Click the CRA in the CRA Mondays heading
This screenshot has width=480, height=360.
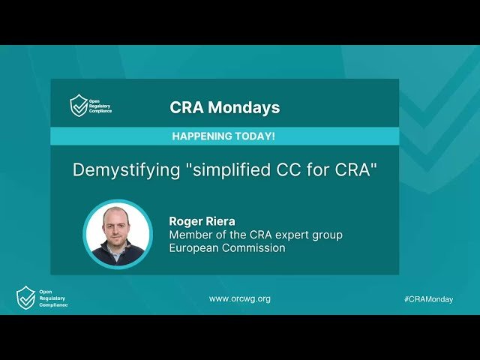[x=186, y=107]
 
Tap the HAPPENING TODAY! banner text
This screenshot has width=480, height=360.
[x=223, y=136]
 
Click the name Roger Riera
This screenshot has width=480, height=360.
[x=202, y=220]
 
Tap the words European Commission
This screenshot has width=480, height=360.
[x=226, y=248]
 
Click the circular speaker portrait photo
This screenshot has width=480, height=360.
[x=118, y=234]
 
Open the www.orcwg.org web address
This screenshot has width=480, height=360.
[x=240, y=298]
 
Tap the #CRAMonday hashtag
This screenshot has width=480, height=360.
[x=428, y=298]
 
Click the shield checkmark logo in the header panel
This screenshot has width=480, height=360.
[x=78, y=105]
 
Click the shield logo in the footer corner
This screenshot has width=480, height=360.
[x=25, y=298]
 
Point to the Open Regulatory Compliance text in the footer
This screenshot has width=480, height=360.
[x=52, y=298]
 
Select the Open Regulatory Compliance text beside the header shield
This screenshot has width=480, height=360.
[x=100, y=105]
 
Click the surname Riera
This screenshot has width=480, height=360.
[x=220, y=220]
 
